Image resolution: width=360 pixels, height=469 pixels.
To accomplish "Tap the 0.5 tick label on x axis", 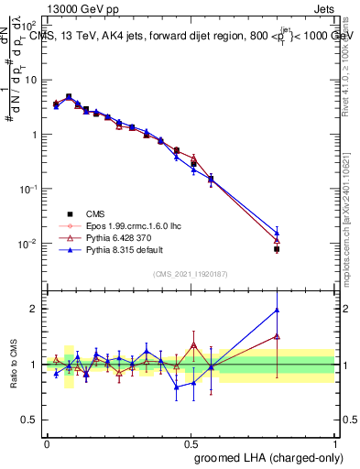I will coord(191,442).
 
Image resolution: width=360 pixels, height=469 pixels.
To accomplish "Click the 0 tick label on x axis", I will coord(47,442).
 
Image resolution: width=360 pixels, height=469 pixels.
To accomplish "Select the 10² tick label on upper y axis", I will coord(30,25).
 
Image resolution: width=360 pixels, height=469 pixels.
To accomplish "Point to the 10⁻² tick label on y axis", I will coord(29,244).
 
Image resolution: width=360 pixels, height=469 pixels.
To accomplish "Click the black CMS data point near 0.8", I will coord(277,249).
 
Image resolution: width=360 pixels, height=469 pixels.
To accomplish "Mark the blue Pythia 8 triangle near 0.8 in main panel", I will coord(277,233).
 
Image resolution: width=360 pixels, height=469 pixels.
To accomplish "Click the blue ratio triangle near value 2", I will coord(277,310).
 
